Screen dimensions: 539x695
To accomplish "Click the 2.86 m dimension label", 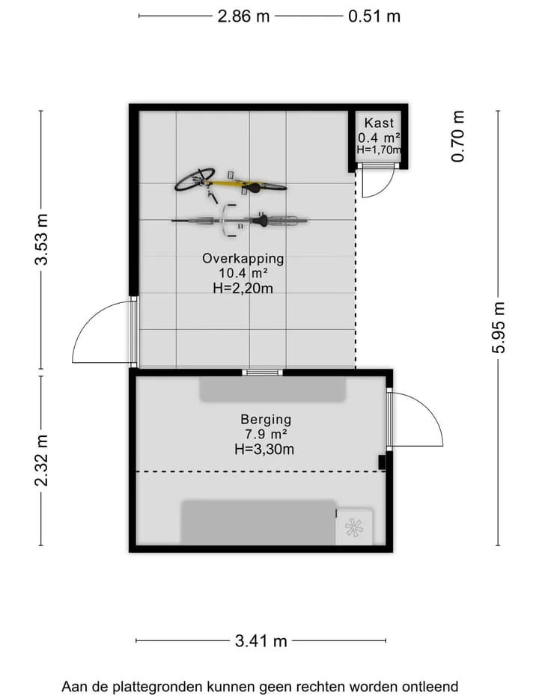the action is (x=243, y=16).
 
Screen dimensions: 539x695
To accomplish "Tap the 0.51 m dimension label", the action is (x=374, y=16).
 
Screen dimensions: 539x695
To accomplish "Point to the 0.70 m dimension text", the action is (x=458, y=136).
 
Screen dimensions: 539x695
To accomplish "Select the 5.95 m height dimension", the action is (x=498, y=328).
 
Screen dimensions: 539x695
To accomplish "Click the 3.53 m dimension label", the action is (x=41, y=239).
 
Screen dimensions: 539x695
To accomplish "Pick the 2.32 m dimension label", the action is (x=41, y=461).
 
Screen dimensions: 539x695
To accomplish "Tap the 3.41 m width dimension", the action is (x=261, y=641).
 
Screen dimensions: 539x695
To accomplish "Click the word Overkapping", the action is (x=243, y=258).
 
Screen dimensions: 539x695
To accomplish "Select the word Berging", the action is (x=266, y=419).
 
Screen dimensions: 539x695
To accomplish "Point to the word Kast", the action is (x=379, y=123).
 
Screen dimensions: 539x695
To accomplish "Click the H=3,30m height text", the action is (x=264, y=450).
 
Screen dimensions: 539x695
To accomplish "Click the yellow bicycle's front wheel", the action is (x=195, y=179).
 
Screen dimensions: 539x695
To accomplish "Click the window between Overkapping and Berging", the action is (x=263, y=373).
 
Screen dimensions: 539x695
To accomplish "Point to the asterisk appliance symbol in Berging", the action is (x=354, y=527).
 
